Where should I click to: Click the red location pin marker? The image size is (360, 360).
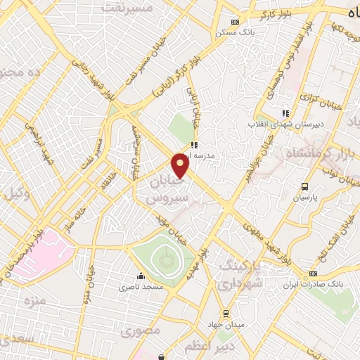coord(181,167)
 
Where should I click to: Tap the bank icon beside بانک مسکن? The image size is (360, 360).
coord(245,22)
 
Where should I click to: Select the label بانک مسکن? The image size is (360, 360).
coord(257,32)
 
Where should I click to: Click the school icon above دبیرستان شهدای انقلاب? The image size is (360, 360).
coord(285,112)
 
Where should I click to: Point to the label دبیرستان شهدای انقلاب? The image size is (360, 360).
coord(285,124)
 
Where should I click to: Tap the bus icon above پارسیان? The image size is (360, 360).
coord(304,186)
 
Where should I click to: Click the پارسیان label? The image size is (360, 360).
coord(305,198)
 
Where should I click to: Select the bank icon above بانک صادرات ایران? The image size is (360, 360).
coord(314,274)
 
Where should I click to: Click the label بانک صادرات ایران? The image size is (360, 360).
coord(314,285)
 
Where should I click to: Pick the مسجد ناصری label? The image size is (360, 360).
coord(141,287)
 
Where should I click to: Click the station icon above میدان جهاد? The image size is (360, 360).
coord(225,314)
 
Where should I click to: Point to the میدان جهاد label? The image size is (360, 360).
coord(225,324)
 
